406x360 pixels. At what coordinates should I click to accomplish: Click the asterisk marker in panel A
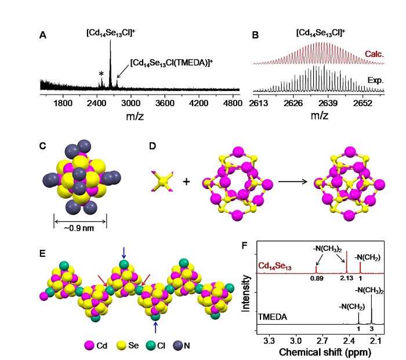click(101, 74)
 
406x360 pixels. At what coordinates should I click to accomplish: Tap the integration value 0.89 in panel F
click(316, 279)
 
